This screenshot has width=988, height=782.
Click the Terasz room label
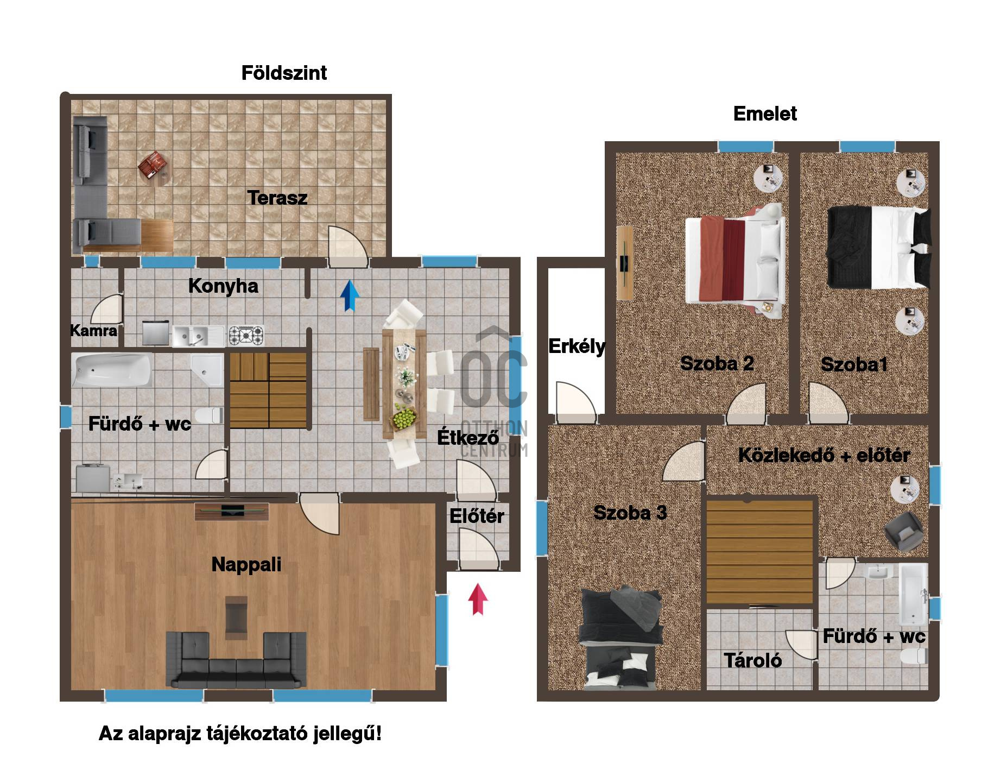(x=277, y=198)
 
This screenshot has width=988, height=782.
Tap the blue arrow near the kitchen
(x=350, y=295)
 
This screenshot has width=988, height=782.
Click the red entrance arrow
(x=478, y=599)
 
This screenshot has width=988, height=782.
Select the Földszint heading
(x=284, y=73)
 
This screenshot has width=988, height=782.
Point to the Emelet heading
(x=765, y=113)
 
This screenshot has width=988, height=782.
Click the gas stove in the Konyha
(x=246, y=335)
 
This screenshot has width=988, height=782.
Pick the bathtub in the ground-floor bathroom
(x=112, y=370)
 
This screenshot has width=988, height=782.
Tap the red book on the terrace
(x=151, y=165)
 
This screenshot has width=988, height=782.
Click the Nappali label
(x=246, y=564)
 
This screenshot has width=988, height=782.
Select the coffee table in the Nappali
(x=236, y=616)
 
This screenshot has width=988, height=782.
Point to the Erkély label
(x=577, y=346)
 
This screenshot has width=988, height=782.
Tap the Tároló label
(x=752, y=660)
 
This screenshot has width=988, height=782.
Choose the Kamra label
(x=94, y=330)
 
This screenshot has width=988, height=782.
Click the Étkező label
(x=468, y=437)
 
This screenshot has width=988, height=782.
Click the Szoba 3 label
(x=630, y=513)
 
